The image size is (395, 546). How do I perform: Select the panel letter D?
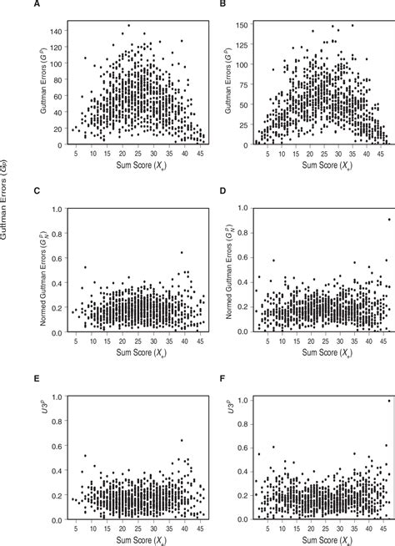pos(222,191)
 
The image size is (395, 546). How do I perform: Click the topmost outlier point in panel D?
pos(385,220)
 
